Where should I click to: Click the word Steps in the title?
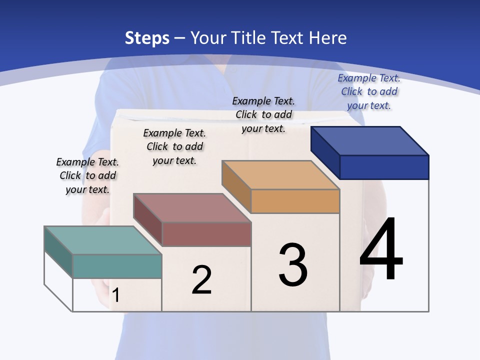pyautogui.click(x=147, y=38)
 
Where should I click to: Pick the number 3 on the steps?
pyautogui.click(x=293, y=265)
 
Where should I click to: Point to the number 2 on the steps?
pyautogui.click(x=202, y=280)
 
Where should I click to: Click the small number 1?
pyautogui.click(x=115, y=295)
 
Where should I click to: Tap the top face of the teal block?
pyautogui.click(x=103, y=240)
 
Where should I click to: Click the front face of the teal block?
pyautogui.click(x=117, y=266)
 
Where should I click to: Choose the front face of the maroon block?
pyautogui.click(x=206, y=234)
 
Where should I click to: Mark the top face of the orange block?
pyautogui.click(x=281, y=175)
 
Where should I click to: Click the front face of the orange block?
pyautogui.click(x=295, y=201)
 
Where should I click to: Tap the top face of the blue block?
pyautogui.click(x=370, y=140)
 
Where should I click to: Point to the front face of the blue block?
pyautogui.click(x=384, y=167)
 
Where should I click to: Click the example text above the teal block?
pyautogui.click(x=87, y=176)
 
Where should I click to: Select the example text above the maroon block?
pyautogui.click(x=174, y=146)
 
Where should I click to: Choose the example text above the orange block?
pyautogui.click(x=263, y=114)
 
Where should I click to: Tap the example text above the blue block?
pyautogui.click(x=369, y=91)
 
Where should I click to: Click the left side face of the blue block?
pyautogui.click(x=325, y=152)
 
